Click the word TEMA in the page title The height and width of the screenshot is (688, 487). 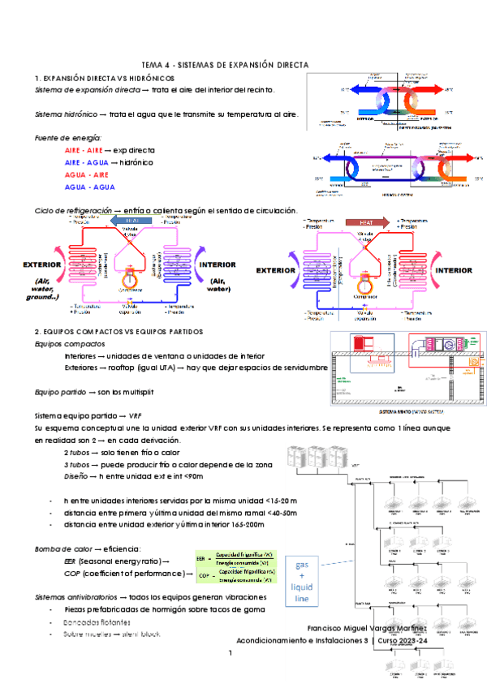tap(151, 64)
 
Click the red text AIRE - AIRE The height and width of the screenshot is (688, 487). tap(82, 151)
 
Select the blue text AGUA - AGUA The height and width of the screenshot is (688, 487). tap(85, 187)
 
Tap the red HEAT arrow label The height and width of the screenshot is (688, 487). tap(359, 221)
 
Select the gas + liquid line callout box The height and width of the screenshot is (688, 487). tap(302, 581)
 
